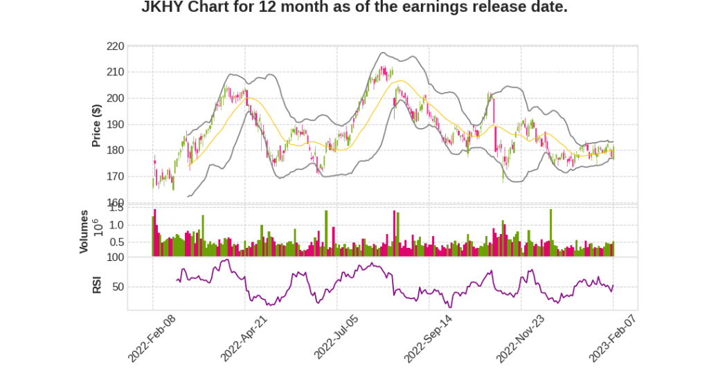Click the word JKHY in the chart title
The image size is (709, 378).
pyautogui.click(x=163, y=8)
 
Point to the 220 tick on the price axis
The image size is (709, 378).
pyautogui.click(x=115, y=46)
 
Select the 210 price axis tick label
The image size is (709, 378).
pyautogui.click(x=115, y=72)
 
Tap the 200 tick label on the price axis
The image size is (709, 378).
pyautogui.click(x=115, y=98)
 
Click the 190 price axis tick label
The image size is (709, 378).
pyautogui.click(x=115, y=125)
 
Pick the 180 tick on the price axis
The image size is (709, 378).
pyautogui.click(x=115, y=150)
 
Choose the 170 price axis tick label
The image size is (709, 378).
pyautogui.click(x=115, y=177)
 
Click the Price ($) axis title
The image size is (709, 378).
pyautogui.click(x=97, y=125)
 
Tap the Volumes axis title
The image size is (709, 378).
pyautogui.click(x=84, y=231)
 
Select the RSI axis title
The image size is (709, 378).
pyautogui.click(x=97, y=285)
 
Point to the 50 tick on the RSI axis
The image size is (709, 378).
pyautogui.click(x=118, y=287)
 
